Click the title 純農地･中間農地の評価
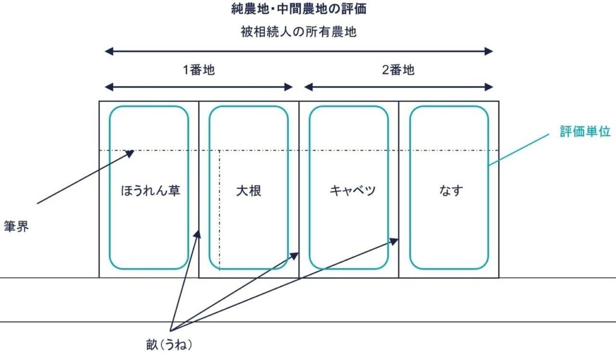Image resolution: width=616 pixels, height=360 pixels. coord(299,9)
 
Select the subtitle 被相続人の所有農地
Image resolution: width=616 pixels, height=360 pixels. coord(298,33)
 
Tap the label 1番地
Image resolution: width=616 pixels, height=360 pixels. coord(199,70)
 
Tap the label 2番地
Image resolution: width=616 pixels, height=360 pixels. coord(398,70)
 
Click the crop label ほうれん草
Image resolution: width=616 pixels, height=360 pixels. coord(149,191)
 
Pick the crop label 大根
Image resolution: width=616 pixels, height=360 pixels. coord(248,191)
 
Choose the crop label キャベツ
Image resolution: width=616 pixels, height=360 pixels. coord(348,191)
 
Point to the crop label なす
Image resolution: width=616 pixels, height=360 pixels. coord(449,191)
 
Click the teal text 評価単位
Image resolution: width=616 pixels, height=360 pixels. coord(585,132)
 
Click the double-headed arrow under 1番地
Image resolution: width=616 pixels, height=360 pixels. coord(199,87)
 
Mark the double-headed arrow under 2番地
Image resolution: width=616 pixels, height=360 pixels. coord(398,87)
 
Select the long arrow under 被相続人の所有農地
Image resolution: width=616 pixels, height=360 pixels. coord(298,52)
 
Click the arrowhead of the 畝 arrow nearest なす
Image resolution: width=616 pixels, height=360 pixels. coord(395,241)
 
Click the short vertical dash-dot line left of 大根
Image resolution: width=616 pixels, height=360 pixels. coord(220,211)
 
